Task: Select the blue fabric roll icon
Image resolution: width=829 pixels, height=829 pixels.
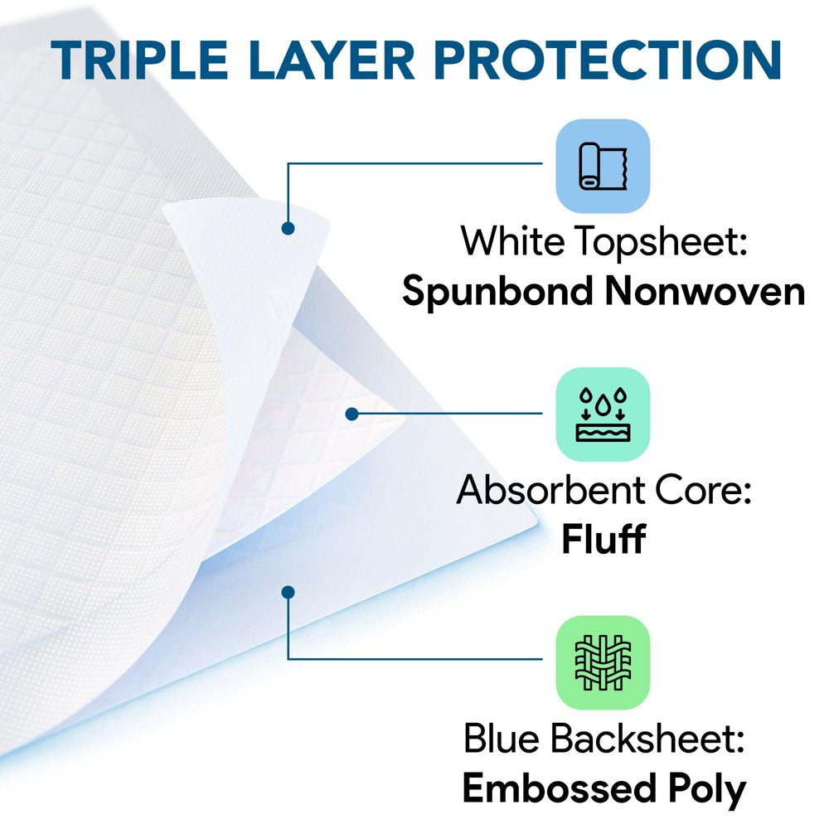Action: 603,167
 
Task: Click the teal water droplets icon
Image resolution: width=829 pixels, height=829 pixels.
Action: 603,414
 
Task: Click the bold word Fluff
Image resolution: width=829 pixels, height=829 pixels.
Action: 603,541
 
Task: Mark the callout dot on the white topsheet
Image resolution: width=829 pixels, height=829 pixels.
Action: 288,227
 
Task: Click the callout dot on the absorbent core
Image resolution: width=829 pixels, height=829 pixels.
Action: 351,413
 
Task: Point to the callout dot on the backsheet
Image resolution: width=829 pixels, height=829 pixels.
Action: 288,592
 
